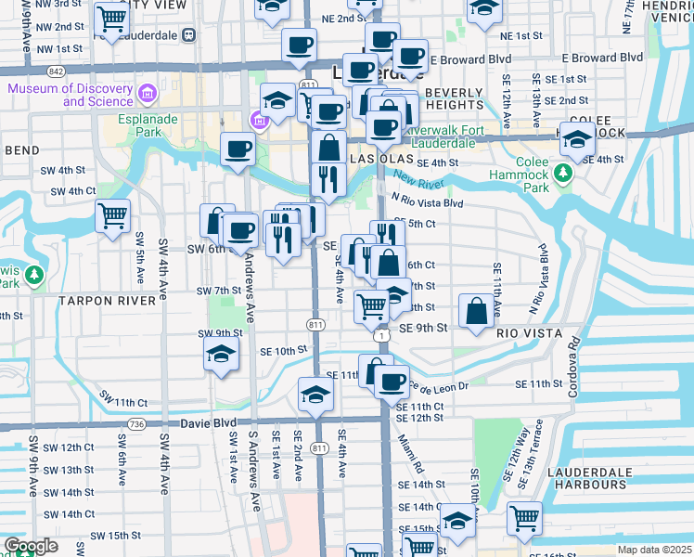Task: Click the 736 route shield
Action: tap(137, 423)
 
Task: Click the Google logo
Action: tap(31, 546)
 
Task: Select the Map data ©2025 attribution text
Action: tap(654, 550)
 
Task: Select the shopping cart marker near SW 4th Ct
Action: tap(112, 216)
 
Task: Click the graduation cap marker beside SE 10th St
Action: tap(220, 354)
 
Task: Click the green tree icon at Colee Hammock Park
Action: tap(562, 174)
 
